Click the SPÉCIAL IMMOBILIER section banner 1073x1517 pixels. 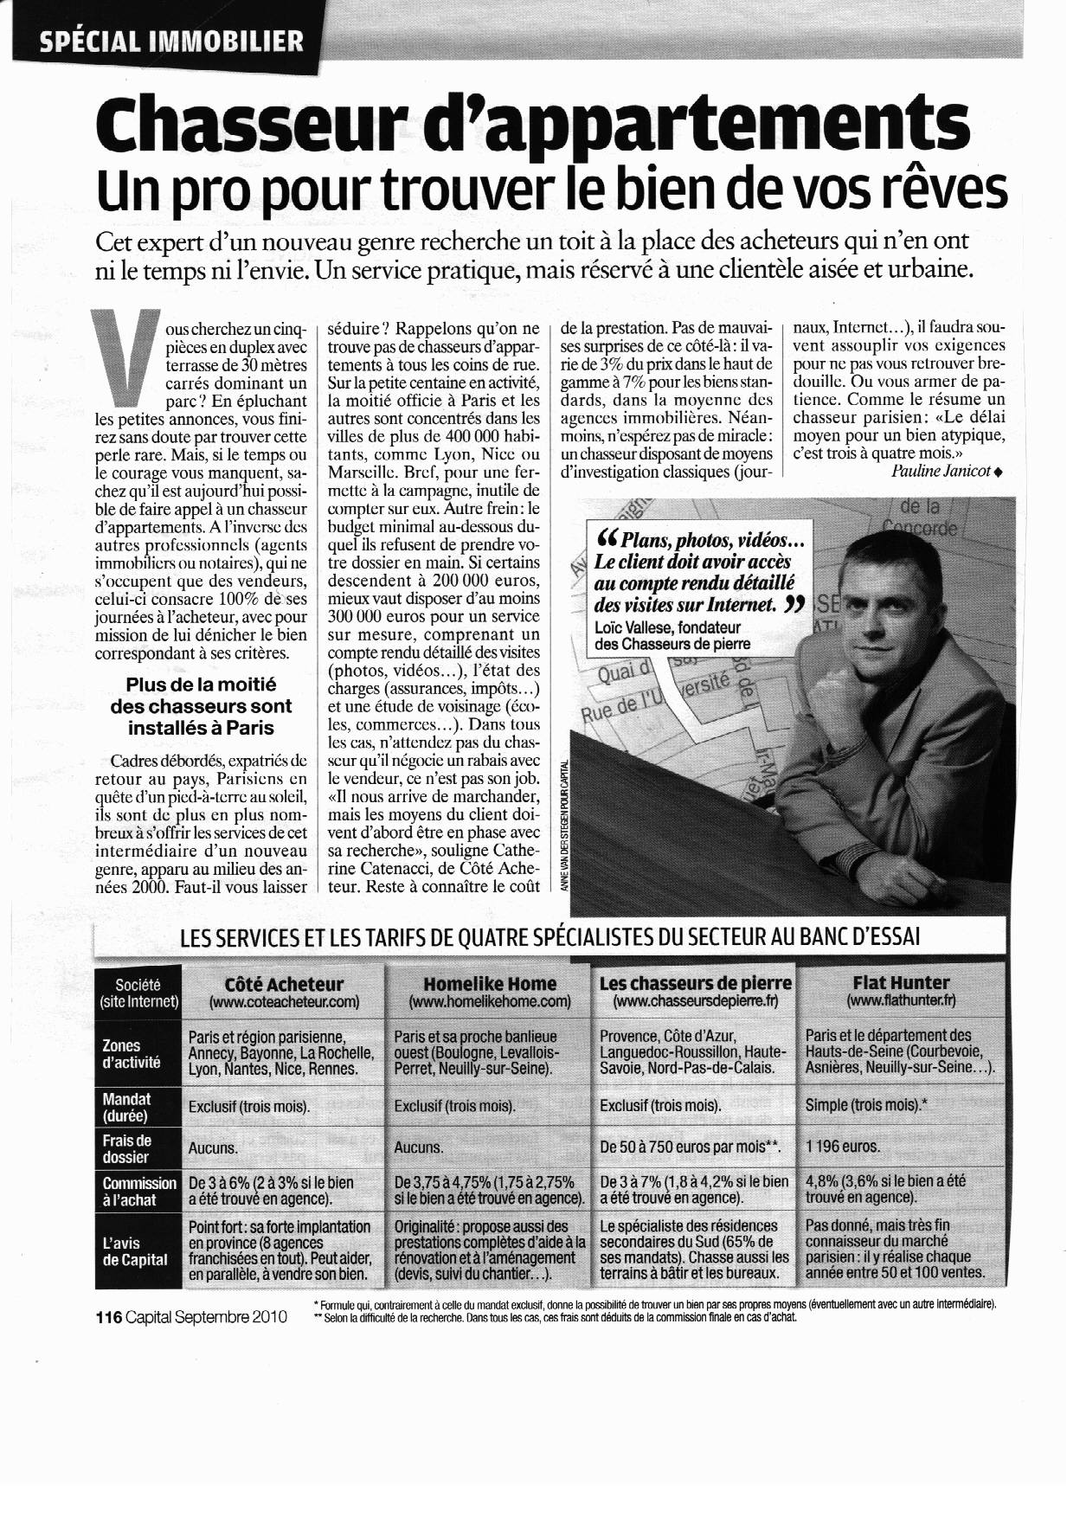pos(171,41)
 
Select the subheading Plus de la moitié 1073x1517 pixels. pos(200,685)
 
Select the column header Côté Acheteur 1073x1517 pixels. pos(284,984)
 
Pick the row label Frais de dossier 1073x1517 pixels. pos(125,1148)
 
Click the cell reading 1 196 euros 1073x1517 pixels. pos(842,1147)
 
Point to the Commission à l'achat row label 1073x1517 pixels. pos(138,1192)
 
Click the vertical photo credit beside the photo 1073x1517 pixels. pos(564,827)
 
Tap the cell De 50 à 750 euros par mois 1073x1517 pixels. pos(690,1147)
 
